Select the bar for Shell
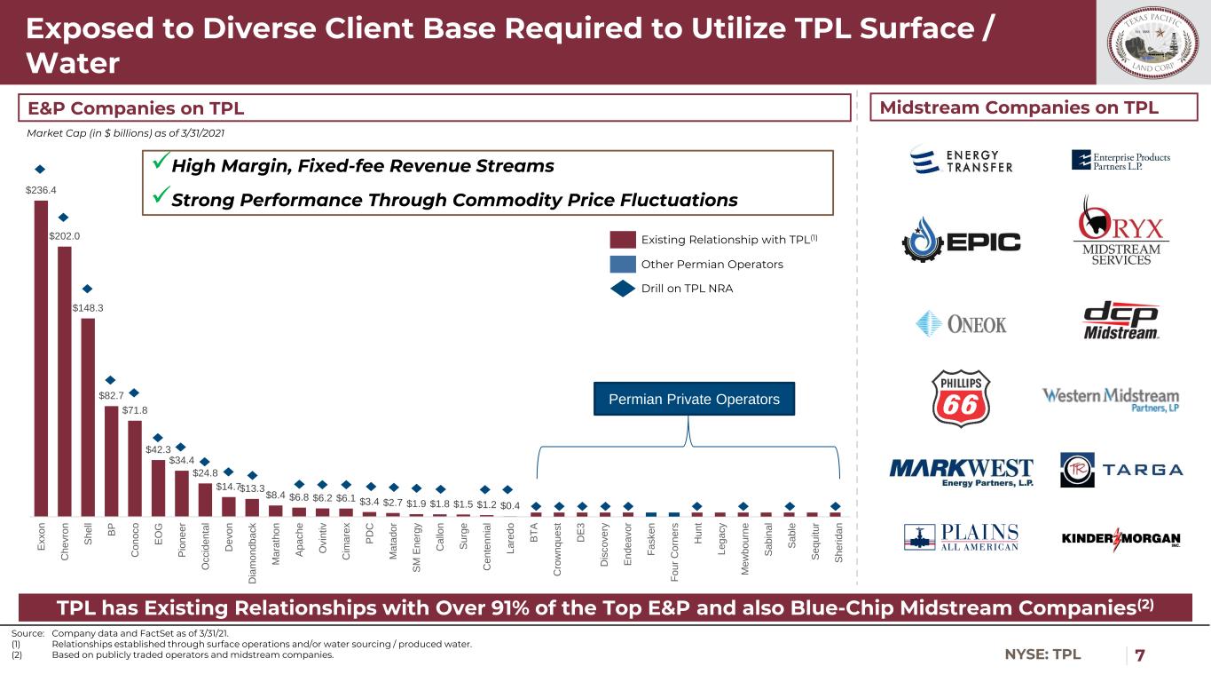click(x=88, y=416)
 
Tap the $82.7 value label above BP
click(x=111, y=397)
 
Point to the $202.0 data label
click(x=64, y=236)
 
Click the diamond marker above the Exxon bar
click(x=40, y=169)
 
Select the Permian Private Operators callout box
click(x=694, y=400)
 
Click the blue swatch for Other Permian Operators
click(x=623, y=264)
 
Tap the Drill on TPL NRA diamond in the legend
click(x=623, y=288)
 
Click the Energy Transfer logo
click(x=961, y=160)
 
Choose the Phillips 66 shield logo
click(x=960, y=400)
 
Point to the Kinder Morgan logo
click(x=1121, y=539)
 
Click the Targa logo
click(x=1121, y=469)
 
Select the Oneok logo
click(x=961, y=323)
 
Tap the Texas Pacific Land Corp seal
click(x=1152, y=42)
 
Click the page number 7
click(x=1139, y=655)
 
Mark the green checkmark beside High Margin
click(x=157, y=165)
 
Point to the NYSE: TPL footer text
click(x=1043, y=655)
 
